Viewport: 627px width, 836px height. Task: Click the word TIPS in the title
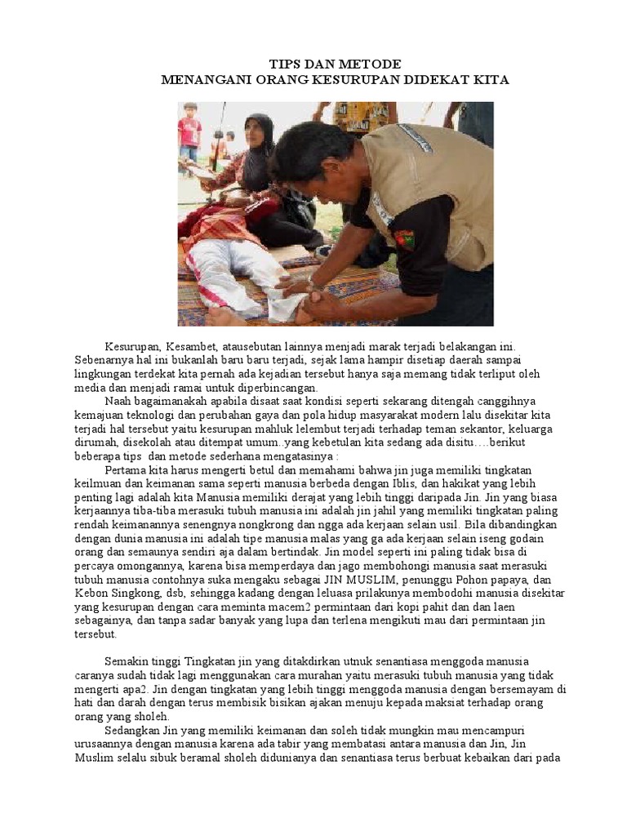(x=286, y=64)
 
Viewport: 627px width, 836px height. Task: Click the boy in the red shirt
(x=189, y=131)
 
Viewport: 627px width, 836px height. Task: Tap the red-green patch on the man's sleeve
(x=404, y=239)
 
